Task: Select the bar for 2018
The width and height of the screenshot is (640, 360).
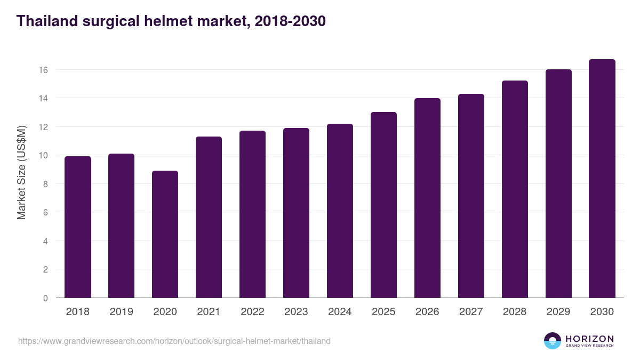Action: point(78,227)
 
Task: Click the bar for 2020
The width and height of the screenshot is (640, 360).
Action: point(165,234)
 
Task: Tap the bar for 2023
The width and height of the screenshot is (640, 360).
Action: point(296,213)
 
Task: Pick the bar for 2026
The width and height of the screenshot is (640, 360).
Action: point(427,198)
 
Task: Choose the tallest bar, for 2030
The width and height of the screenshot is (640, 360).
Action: point(602,179)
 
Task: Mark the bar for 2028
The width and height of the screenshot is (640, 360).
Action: point(515,189)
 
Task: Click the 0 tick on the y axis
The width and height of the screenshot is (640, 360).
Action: point(46,298)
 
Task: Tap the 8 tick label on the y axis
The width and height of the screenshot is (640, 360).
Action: point(46,184)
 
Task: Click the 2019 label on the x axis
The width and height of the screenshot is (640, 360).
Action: point(122,312)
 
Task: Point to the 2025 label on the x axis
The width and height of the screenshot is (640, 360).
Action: point(383,312)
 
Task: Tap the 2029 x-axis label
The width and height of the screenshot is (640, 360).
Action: point(558,312)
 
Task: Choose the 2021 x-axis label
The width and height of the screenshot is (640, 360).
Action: point(209,312)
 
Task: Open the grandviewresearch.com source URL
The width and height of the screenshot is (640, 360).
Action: point(174,341)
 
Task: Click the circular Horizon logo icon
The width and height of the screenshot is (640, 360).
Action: point(552,341)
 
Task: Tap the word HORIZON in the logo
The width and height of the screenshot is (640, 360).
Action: point(589,338)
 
